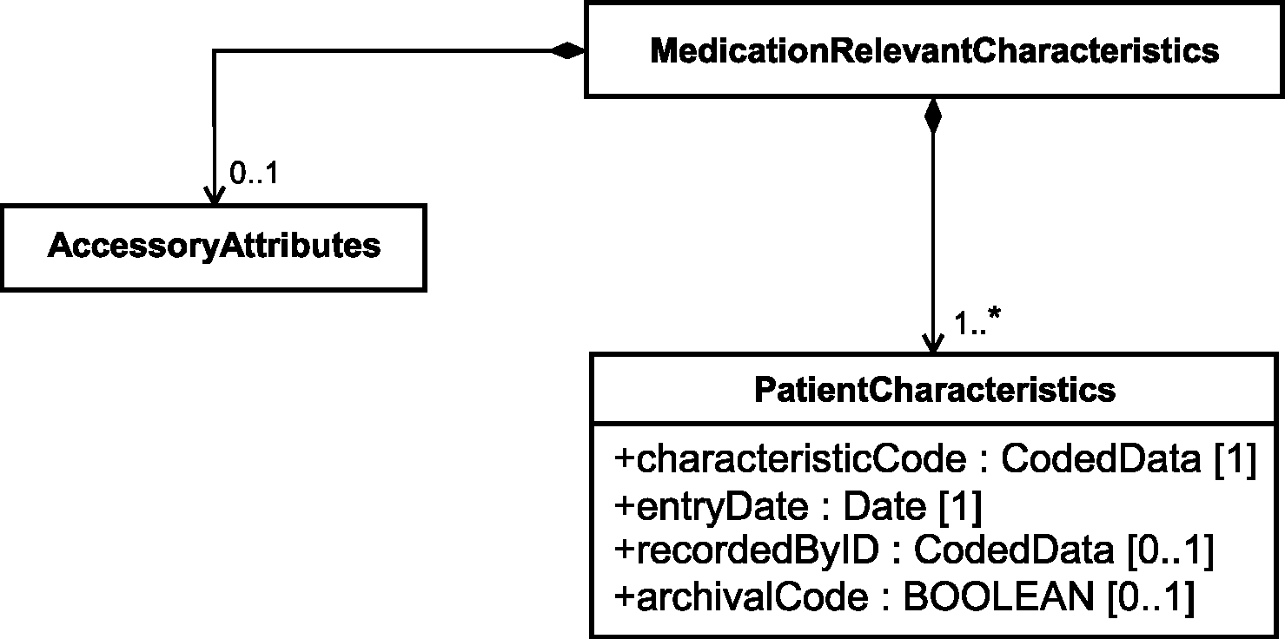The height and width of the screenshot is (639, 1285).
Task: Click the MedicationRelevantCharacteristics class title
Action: (935, 51)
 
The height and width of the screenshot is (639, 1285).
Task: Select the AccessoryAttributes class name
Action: (214, 247)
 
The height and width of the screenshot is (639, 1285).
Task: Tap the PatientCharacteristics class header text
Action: (935, 390)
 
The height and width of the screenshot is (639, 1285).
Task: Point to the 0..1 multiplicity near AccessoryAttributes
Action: (254, 173)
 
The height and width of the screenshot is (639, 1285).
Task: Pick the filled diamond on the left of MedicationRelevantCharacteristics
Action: (567, 51)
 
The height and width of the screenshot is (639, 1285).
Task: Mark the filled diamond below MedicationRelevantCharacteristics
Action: (933, 115)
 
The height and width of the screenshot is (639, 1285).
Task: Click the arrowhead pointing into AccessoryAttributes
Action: (214, 195)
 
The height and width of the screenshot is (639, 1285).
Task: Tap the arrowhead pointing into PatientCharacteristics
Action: (933, 344)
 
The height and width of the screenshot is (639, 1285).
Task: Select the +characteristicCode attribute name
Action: (790, 459)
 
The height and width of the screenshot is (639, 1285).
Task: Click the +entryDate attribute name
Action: (711, 508)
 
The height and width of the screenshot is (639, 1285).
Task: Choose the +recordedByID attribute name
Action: (746, 550)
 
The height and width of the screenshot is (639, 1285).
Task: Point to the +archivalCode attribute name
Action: (741, 596)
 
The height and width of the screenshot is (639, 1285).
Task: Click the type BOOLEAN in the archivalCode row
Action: (999, 596)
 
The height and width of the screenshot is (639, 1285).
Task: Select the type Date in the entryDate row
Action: (884, 507)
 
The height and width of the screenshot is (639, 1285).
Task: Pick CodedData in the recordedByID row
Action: (1014, 550)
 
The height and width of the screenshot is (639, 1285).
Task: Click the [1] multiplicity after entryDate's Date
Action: (961, 507)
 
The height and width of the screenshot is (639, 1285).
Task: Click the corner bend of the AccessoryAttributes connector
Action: (214, 51)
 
